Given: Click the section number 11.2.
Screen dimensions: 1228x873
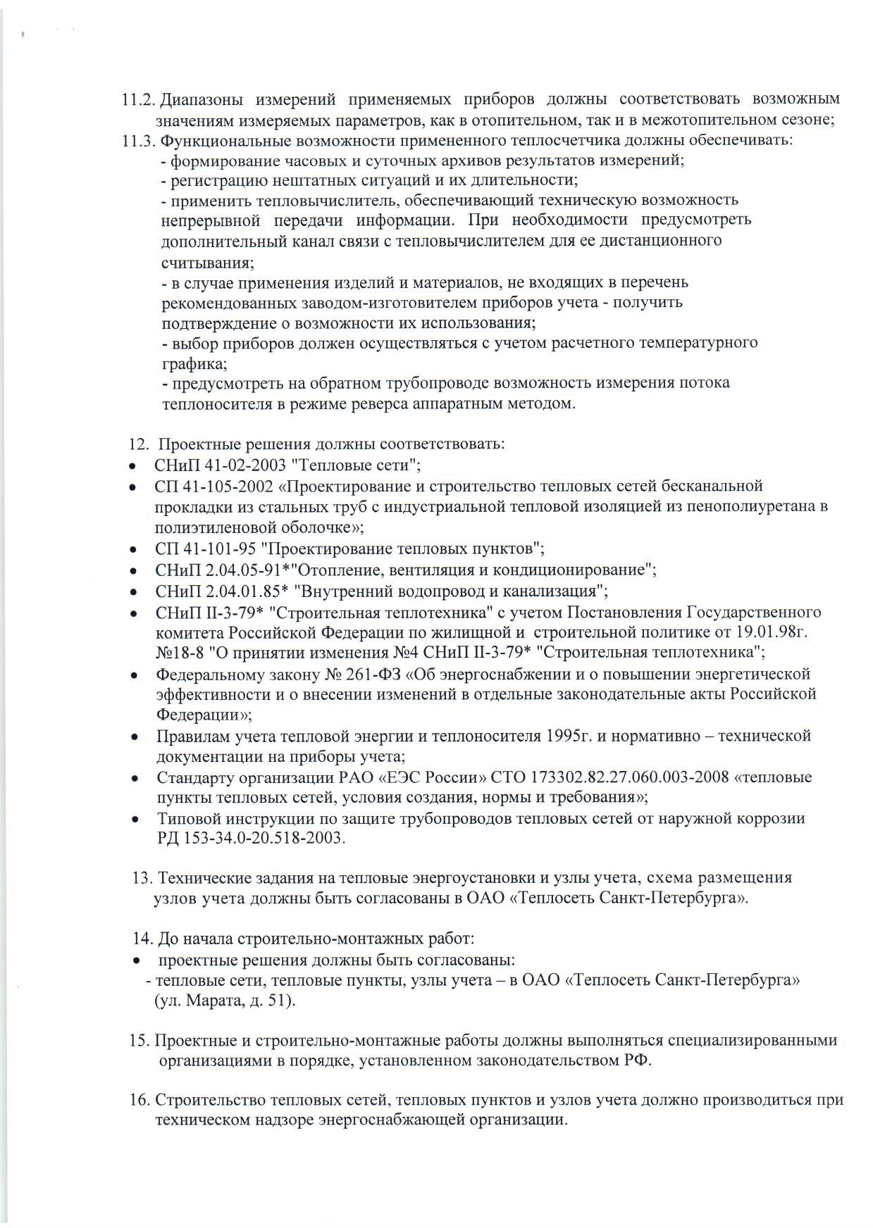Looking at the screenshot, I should coord(137,99).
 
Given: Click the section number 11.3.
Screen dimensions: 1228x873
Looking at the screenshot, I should coord(137,140).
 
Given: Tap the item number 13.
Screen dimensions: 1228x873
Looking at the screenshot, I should coord(143,879).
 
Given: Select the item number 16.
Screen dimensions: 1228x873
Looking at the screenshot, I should coord(140,1101).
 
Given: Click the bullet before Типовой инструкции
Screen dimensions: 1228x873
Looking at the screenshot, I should coord(134,820).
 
